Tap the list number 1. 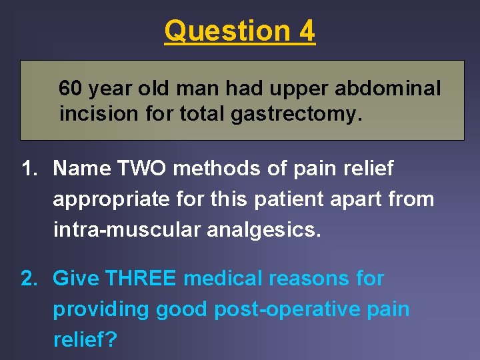[x=29, y=169]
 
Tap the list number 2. [x=29, y=278]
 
